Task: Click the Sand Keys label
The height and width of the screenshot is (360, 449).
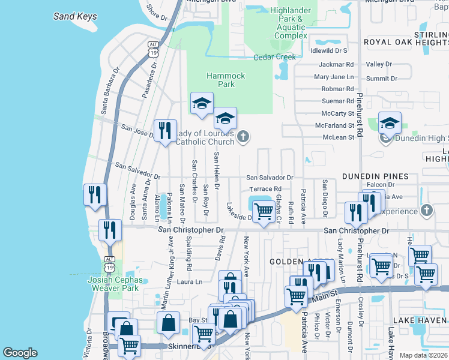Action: (x=75, y=16)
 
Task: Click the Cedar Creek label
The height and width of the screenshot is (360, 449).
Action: (x=275, y=57)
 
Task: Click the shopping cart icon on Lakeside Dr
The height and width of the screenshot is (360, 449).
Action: (x=264, y=211)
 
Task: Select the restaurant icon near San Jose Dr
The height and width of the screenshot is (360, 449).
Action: (x=165, y=130)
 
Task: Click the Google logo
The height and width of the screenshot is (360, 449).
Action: (x=20, y=352)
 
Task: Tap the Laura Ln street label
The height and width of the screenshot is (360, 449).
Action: (x=189, y=281)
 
